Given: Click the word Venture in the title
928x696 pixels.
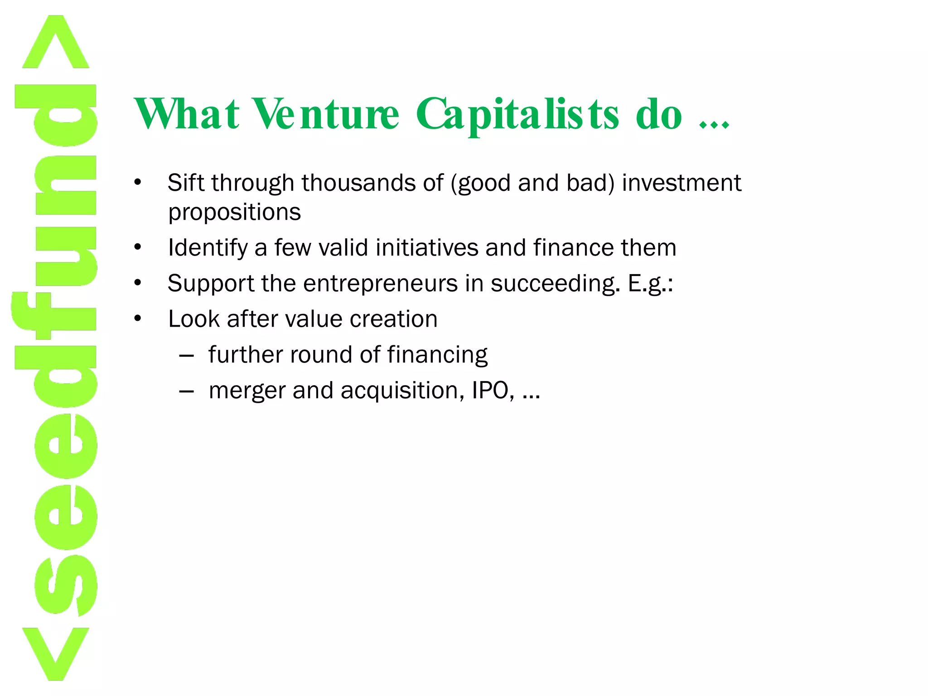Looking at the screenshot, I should (x=325, y=114).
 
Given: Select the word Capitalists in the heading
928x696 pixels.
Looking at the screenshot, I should (x=517, y=114).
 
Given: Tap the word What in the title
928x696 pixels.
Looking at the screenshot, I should (x=186, y=114).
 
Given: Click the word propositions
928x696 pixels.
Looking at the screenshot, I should (x=234, y=212).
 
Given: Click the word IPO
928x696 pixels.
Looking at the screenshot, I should (x=492, y=390).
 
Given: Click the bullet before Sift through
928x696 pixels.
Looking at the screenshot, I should (x=138, y=183).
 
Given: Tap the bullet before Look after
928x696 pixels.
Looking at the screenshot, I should (x=138, y=319).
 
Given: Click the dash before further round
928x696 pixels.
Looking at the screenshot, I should (x=186, y=355).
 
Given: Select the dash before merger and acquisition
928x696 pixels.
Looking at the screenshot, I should (x=186, y=391).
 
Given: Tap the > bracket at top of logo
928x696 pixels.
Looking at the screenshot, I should (x=56, y=43).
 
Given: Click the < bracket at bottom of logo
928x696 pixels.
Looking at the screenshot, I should (x=56, y=652).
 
